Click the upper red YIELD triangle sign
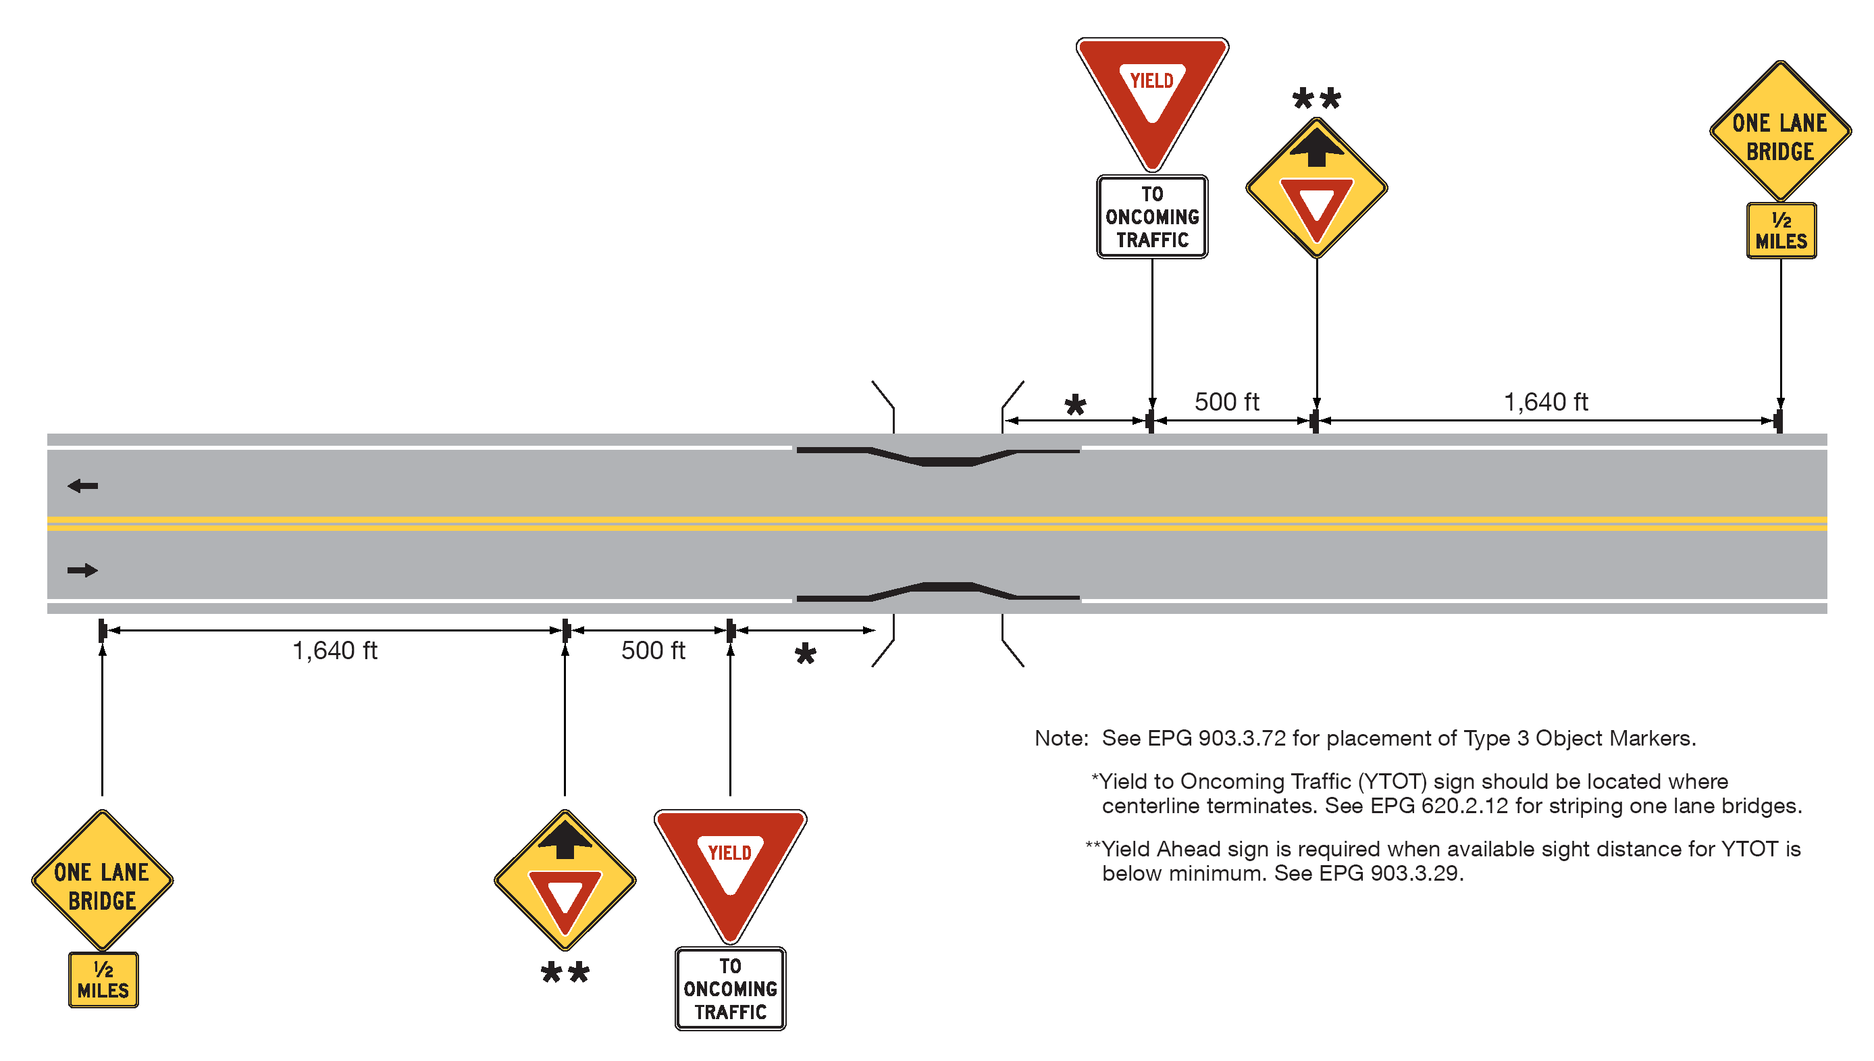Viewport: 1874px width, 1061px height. click(1151, 95)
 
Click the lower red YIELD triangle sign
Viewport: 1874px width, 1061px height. click(729, 867)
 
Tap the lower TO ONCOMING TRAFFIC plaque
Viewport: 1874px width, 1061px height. click(729, 988)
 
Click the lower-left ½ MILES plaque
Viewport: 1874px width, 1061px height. click(103, 979)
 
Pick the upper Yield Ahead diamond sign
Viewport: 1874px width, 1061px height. click(1316, 187)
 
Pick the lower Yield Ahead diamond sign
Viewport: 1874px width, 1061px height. click(565, 879)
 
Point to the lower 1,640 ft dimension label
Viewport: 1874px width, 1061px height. click(334, 650)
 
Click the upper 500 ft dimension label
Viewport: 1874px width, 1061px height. click(1226, 402)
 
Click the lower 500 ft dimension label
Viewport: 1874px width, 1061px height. click(653, 650)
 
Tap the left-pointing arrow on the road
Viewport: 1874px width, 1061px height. click(82, 486)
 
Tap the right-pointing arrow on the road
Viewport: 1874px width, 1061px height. click(82, 570)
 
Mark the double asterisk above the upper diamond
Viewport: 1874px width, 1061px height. click(1316, 99)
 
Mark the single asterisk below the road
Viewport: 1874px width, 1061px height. click(804, 654)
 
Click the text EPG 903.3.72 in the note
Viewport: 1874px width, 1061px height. click(1216, 738)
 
